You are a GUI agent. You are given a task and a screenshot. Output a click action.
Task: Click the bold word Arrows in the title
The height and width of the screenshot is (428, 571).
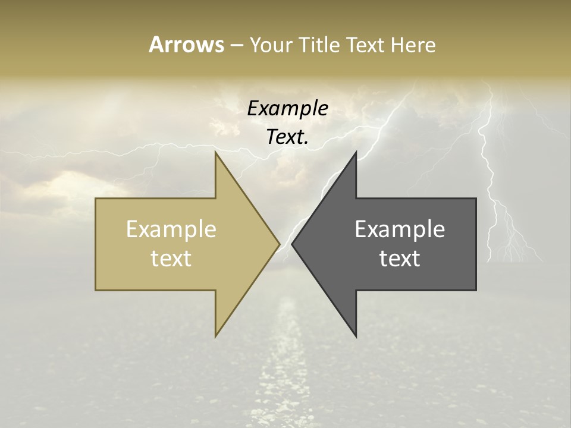click(186, 45)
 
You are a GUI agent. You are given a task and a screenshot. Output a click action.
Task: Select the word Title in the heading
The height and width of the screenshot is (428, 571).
click(319, 45)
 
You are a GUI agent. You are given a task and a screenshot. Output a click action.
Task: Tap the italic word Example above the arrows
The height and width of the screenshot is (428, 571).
click(288, 108)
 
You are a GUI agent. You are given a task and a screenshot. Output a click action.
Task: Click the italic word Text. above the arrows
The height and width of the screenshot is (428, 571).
click(288, 137)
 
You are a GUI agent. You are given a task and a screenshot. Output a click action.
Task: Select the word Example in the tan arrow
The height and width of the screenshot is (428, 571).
click(171, 229)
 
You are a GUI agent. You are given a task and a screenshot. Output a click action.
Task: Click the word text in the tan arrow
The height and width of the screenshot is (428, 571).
click(171, 259)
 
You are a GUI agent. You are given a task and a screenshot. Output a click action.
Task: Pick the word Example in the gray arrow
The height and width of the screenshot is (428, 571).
click(400, 229)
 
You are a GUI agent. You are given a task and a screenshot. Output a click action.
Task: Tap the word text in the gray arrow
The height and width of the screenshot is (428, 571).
click(400, 259)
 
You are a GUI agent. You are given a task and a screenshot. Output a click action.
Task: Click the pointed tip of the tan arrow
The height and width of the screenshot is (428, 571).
click(280, 244)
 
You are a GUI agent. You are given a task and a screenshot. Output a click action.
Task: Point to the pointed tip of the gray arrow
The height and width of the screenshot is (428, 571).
click(292, 244)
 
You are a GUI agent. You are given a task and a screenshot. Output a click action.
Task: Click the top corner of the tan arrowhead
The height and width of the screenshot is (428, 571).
click(215, 152)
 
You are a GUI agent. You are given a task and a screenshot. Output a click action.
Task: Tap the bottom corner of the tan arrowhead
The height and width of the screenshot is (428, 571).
click(215, 336)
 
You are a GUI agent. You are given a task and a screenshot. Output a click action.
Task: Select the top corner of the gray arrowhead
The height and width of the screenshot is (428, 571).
click(356, 152)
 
